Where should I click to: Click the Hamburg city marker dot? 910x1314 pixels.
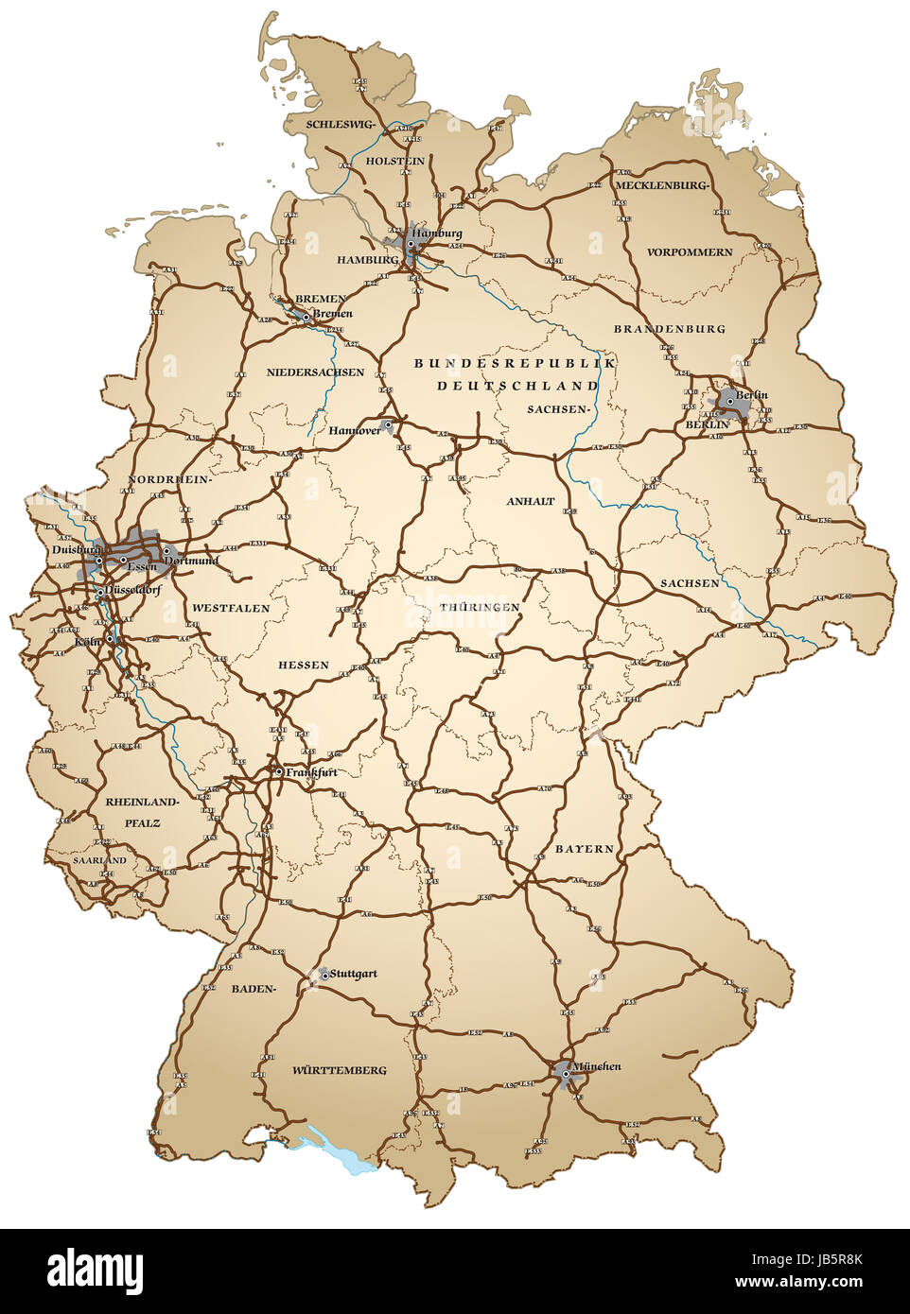pyautogui.click(x=411, y=244)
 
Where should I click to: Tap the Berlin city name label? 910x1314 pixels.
pyautogui.click(x=752, y=394)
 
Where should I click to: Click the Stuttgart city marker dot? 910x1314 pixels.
pyautogui.click(x=323, y=974)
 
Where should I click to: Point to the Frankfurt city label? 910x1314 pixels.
pyautogui.click(x=311, y=772)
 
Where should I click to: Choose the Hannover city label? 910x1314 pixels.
pyautogui.click(x=354, y=430)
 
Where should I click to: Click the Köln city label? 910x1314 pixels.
pyautogui.click(x=87, y=643)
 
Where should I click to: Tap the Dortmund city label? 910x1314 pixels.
pyautogui.click(x=192, y=561)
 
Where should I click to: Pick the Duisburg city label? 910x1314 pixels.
pyautogui.click(x=76, y=549)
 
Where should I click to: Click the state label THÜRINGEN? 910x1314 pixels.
pyautogui.click(x=480, y=607)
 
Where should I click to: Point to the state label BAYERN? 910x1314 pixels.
pyautogui.click(x=584, y=849)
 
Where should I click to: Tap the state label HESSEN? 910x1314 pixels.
pyautogui.click(x=303, y=665)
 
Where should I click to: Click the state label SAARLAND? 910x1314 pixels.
pyautogui.click(x=99, y=861)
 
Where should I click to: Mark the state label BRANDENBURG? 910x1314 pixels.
pyautogui.click(x=669, y=329)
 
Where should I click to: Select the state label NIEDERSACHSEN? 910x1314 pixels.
pyautogui.click(x=315, y=372)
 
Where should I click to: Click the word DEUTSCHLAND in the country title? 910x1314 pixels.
pyautogui.click(x=516, y=386)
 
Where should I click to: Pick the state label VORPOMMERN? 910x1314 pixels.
pyautogui.click(x=690, y=252)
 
